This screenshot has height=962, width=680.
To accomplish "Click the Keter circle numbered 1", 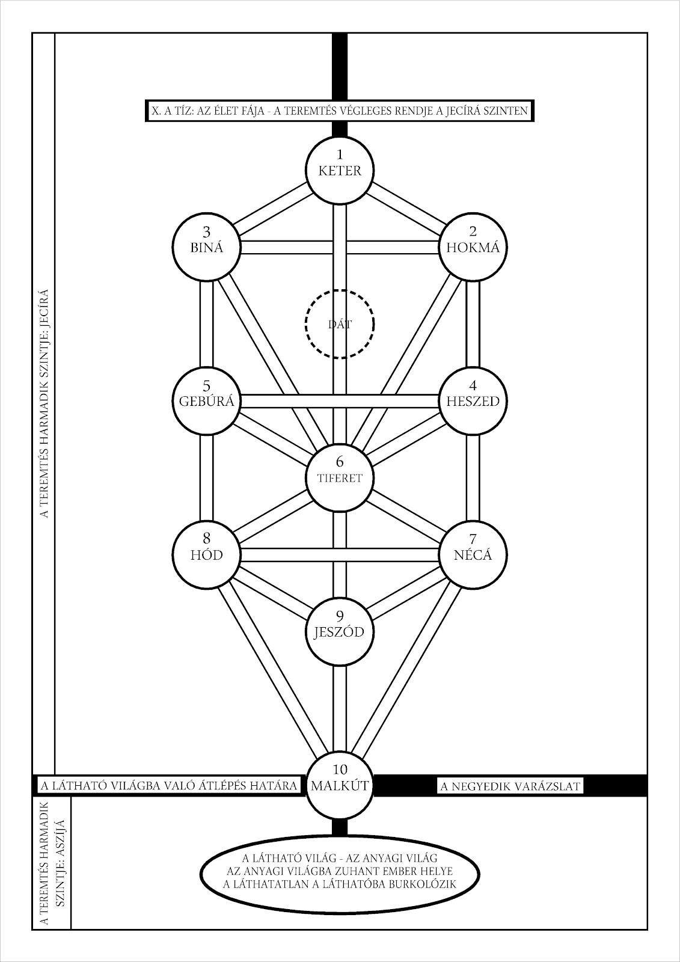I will (340, 169).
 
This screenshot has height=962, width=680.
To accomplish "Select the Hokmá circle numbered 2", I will (473, 247).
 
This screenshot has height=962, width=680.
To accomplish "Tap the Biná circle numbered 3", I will (207, 247).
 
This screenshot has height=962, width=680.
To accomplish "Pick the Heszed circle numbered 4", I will (473, 400).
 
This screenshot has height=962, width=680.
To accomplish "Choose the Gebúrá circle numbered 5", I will (207, 400).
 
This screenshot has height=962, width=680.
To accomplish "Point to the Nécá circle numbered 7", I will (473, 554).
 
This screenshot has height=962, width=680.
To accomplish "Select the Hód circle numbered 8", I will (207, 554).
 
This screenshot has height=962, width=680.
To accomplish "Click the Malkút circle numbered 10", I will (340, 784).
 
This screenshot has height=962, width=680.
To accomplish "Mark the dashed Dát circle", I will (340, 324).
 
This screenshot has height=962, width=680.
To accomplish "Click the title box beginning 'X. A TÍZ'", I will (340, 111).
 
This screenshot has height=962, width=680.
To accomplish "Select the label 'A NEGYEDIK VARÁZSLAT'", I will (509, 785).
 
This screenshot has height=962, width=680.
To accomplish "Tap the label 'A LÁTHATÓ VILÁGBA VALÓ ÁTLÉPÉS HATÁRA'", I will (168, 785).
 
